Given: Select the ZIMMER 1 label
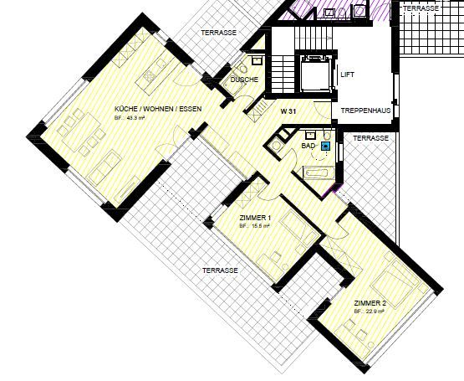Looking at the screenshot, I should click(x=255, y=218).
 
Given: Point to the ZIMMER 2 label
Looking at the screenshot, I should click(x=370, y=302).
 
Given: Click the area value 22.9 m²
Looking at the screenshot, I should click(x=368, y=311).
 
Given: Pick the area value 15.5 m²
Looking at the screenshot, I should click(x=254, y=226).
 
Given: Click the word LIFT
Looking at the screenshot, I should click(x=348, y=75).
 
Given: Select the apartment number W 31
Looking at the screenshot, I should click(x=289, y=111).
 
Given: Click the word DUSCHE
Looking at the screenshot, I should click(x=244, y=80).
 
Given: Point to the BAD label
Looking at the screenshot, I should click(x=308, y=145).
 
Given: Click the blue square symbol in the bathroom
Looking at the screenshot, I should click(x=325, y=145).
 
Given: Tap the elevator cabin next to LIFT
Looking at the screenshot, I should click(x=316, y=75).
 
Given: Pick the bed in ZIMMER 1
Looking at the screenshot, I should click(x=295, y=228).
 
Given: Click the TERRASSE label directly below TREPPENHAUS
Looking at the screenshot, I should click(x=369, y=137).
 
